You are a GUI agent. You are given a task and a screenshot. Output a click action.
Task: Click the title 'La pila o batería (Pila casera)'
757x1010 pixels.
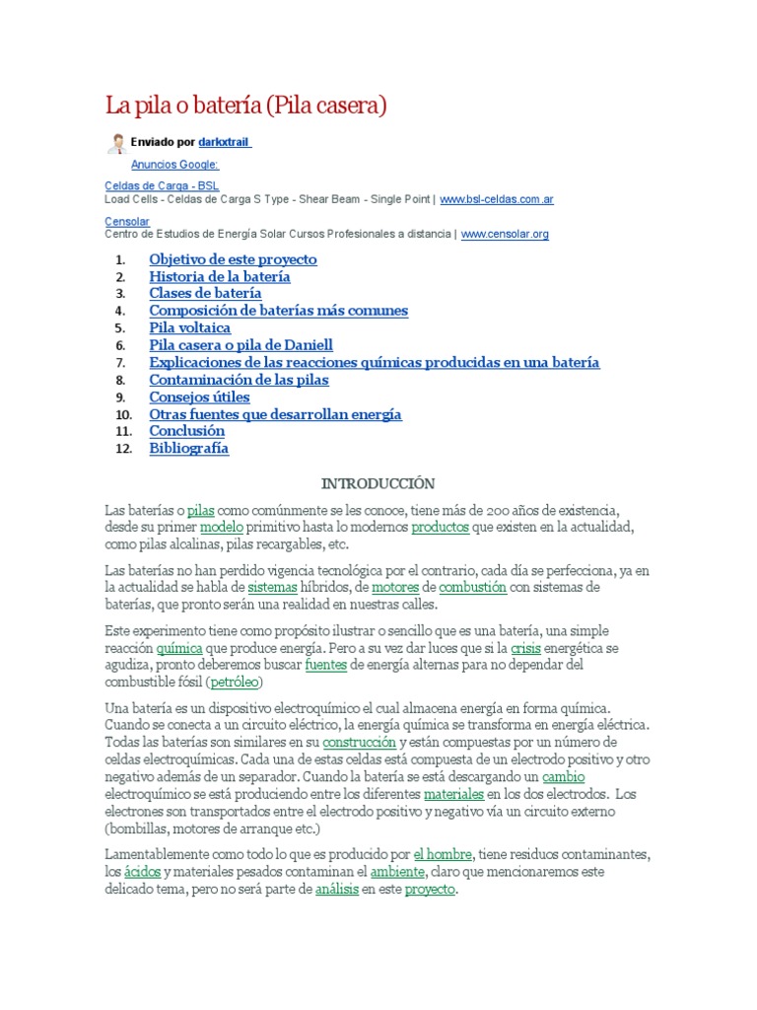click(246, 105)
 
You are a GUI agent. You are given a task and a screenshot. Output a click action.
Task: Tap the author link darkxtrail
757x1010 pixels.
click(225, 143)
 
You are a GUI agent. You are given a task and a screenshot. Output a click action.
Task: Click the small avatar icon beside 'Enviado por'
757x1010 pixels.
click(116, 143)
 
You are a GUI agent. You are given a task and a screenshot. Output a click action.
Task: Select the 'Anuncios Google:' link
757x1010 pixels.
click(174, 165)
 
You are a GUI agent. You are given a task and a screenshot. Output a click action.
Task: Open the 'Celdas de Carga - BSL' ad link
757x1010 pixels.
click(162, 185)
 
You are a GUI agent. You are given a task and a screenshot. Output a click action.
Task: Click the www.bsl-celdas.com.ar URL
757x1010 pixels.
click(496, 199)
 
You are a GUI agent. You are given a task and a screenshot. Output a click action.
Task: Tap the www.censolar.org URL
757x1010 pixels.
click(505, 235)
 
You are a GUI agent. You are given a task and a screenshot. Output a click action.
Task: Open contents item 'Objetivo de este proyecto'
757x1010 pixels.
click(233, 259)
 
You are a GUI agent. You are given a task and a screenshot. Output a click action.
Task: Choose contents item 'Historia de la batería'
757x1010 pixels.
click(220, 277)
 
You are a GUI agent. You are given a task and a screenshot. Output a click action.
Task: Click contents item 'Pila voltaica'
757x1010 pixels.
click(190, 327)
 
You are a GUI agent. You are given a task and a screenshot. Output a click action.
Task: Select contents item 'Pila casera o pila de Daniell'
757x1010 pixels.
click(241, 345)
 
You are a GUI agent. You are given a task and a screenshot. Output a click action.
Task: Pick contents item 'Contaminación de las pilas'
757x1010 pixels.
click(239, 380)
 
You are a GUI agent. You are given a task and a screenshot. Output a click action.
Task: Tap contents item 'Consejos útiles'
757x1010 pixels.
click(199, 397)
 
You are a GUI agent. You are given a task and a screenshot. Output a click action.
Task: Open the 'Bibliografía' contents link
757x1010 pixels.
click(188, 449)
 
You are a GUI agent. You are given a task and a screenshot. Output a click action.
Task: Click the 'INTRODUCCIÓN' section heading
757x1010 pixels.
click(378, 483)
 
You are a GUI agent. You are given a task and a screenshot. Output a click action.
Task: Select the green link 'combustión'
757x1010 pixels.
click(472, 587)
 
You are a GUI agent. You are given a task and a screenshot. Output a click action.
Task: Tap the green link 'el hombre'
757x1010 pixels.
click(444, 854)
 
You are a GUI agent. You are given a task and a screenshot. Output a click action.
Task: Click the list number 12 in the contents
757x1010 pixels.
click(122, 449)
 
